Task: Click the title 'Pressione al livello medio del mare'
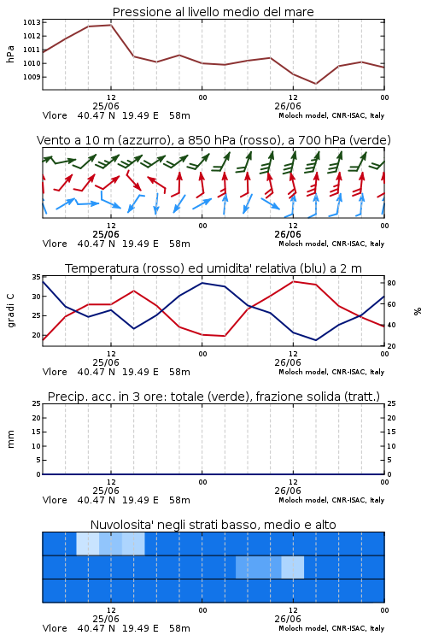[x=213, y=12]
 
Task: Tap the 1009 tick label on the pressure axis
[x=32, y=77]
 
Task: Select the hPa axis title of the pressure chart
[x=10, y=55]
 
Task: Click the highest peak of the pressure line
[x=111, y=25]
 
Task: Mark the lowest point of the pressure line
[x=315, y=84]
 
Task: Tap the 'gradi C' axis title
[x=11, y=311]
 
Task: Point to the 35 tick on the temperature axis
[x=37, y=277]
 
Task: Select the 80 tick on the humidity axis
[x=391, y=283]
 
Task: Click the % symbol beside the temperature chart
[x=418, y=311]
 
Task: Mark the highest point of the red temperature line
[x=293, y=281]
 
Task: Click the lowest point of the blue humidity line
[x=315, y=340]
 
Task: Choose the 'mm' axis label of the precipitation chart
[x=10, y=439]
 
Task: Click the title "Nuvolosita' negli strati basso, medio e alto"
[x=213, y=525]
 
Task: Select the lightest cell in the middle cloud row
[x=293, y=567]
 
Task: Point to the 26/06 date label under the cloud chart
[x=288, y=619]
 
